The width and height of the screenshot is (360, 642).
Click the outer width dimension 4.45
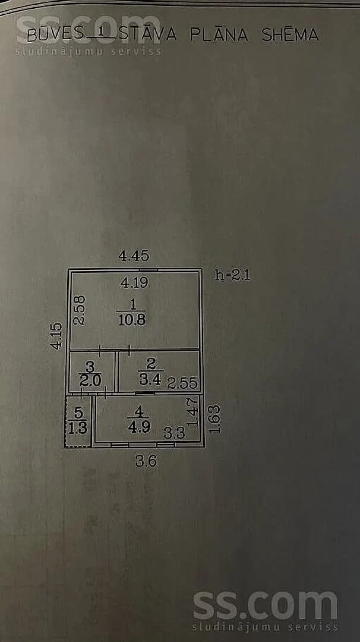pyautogui.click(x=134, y=256)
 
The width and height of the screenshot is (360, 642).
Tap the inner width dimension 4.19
pyautogui.click(x=134, y=282)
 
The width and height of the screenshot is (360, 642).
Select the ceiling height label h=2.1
pyautogui.click(x=232, y=275)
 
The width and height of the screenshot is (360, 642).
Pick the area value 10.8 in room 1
pyautogui.click(x=132, y=319)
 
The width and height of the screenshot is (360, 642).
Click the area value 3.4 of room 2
pyautogui.click(x=150, y=379)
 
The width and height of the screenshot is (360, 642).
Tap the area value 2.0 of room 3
pyautogui.click(x=90, y=381)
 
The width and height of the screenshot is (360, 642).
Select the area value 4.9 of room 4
pyautogui.click(x=139, y=427)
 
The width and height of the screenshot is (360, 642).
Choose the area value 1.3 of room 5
pyautogui.click(x=78, y=428)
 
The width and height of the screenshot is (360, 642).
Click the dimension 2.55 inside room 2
pyautogui.click(x=182, y=383)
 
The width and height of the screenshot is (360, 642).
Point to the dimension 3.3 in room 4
pyautogui.click(x=174, y=433)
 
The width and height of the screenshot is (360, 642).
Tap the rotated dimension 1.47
pyautogui.click(x=192, y=412)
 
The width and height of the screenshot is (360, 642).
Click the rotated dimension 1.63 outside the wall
pyautogui.click(x=214, y=419)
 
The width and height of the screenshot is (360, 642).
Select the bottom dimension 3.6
pyautogui.click(x=146, y=461)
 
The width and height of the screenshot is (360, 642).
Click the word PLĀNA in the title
pyautogui.click(x=219, y=34)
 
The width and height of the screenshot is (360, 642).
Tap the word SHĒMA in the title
pyautogui.click(x=290, y=34)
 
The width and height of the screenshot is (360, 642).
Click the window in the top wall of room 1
pyautogui.click(x=148, y=270)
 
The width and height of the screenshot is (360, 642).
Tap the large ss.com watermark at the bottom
pyautogui.click(x=266, y=606)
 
